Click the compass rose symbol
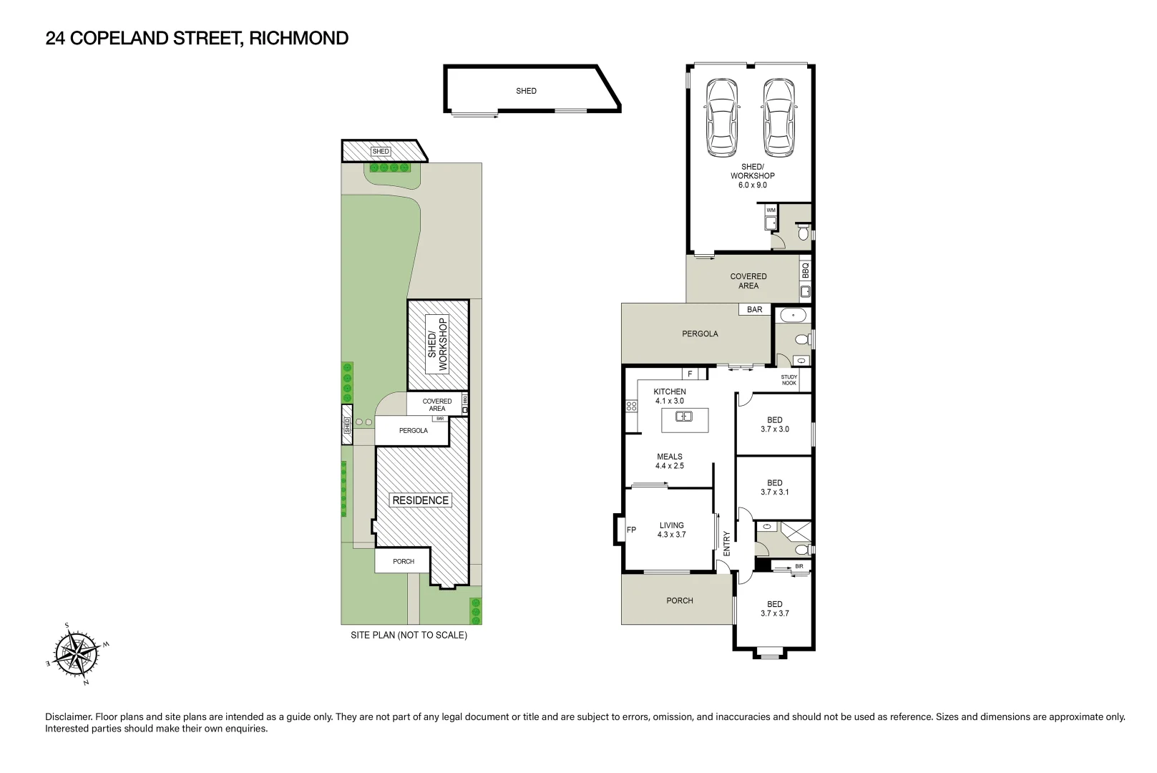[x=77, y=655]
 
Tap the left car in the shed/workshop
[x=721, y=117]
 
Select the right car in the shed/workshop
[x=778, y=117]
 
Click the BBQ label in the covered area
[x=805, y=270]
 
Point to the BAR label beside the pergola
[x=755, y=309]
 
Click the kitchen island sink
[x=684, y=416]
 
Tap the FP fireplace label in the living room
[x=631, y=530]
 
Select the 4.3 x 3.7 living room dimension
[x=671, y=535]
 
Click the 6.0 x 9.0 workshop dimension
[x=753, y=185]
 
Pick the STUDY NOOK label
[x=789, y=380]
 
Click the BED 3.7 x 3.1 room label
[x=775, y=487]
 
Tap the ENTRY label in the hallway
[x=727, y=543]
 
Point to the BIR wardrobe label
[x=799, y=566]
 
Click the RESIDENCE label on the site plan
[x=421, y=500]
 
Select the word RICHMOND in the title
[x=299, y=38]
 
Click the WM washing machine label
[x=771, y=210]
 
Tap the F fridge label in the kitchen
[x=690, y=374]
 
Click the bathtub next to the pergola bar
[x=793, y=315]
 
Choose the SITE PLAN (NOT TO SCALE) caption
[x=409, y=635]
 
